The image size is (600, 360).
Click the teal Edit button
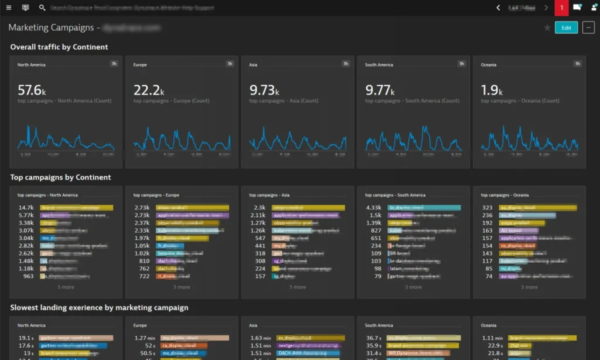click(566, 28)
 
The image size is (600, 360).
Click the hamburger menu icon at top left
click(9, 8)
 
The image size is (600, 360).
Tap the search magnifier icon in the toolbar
click(42, 8)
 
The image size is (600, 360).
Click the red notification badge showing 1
click(561, 8)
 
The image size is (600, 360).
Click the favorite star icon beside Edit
click(547, 28)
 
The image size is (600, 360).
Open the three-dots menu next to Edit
click(588, 28)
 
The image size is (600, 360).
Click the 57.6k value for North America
click(31, 90)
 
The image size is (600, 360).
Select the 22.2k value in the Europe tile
click(147, 90)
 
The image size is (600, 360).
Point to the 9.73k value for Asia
click(264, 90)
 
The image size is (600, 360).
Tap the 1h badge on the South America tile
click(462, 64)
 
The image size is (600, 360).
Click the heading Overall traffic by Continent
click(59, 47)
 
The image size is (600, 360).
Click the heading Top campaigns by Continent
click(60, 177)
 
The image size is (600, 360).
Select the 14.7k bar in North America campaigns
click(76, 208)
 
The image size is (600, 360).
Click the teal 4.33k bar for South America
click(420, 208)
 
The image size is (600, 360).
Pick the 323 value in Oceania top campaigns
click(487, 208)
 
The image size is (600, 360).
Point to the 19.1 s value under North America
click(25, 338)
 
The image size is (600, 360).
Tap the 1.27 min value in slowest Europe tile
click(144, 338)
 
